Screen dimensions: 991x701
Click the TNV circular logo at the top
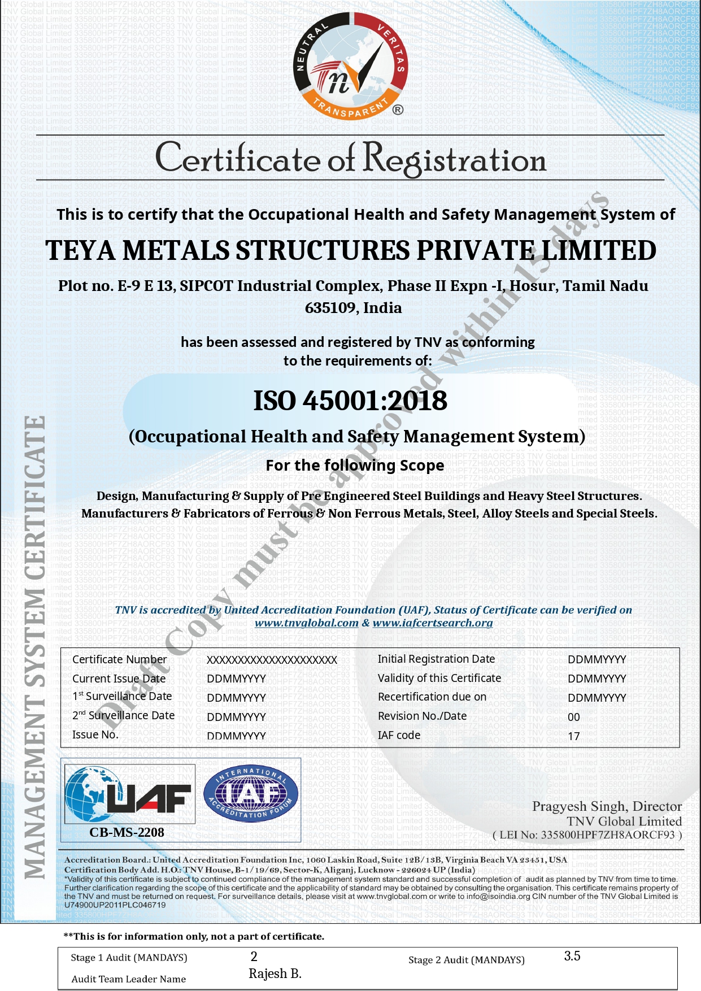[351, 65]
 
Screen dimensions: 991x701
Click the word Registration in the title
[454, 159]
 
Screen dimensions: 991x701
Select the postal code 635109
[330, 308]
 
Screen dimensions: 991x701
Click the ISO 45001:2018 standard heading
[350, 401]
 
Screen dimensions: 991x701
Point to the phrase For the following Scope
[355, 466]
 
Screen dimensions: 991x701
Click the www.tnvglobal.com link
[306, 623]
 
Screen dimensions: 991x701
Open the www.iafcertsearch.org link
[433, 623]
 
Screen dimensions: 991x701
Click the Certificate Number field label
[119, 659]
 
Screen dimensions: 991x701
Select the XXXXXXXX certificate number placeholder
[272, 660]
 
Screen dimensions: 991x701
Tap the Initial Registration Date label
[436, 659]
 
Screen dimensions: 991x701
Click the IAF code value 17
[574, 736]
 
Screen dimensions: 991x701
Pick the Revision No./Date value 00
[574, 717]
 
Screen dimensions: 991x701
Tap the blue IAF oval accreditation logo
[250, 794]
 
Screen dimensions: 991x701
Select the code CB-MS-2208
[127, 832]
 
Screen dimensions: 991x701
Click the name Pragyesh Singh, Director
[607, 806]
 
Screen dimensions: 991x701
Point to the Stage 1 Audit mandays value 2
[254, 956]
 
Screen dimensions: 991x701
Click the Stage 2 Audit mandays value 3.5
[572, 956]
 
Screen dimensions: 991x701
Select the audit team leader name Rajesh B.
[275, 973]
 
